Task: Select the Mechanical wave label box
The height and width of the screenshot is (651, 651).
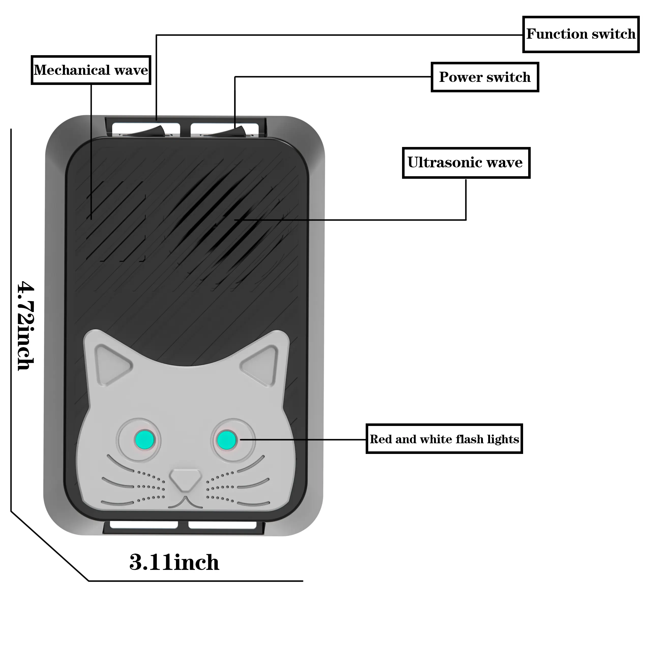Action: click(91, 70)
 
